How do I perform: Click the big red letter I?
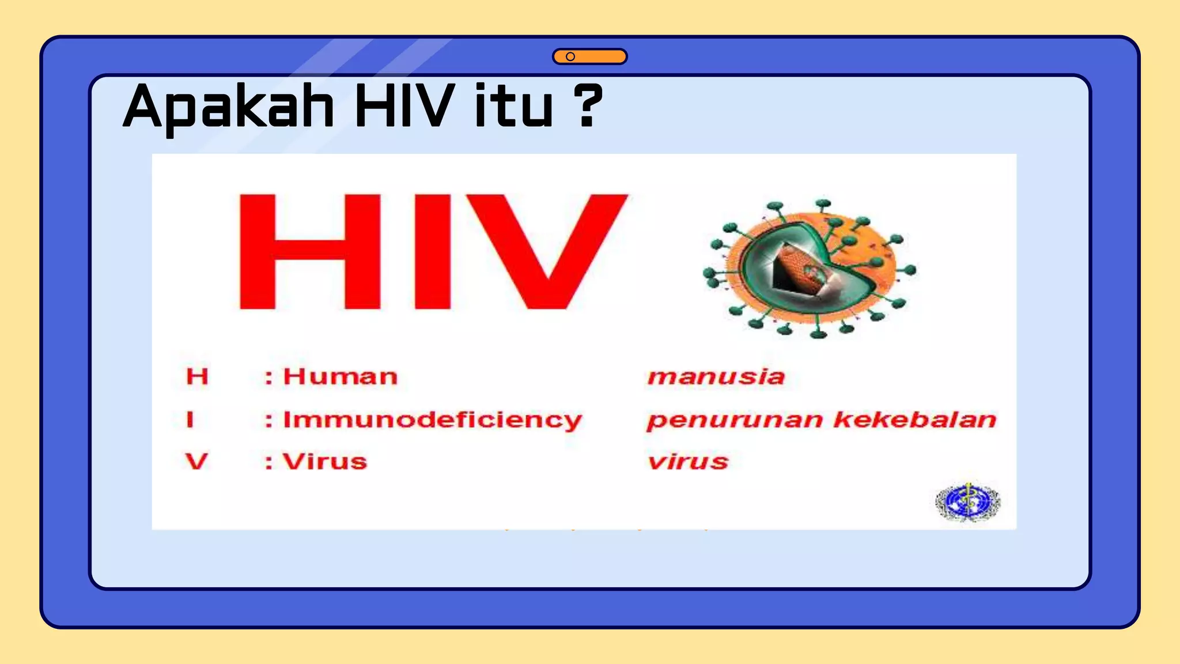[432, 251]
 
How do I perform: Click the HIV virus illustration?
[810, 269]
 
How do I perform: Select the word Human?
[340, 377]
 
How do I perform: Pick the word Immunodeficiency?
[432, 420]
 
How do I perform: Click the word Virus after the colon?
[324, 462]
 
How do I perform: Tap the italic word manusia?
[716, 377]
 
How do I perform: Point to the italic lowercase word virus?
[688, 462]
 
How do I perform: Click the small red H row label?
[197, 377]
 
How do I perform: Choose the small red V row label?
[196, 462]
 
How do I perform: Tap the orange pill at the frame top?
[589, 56]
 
